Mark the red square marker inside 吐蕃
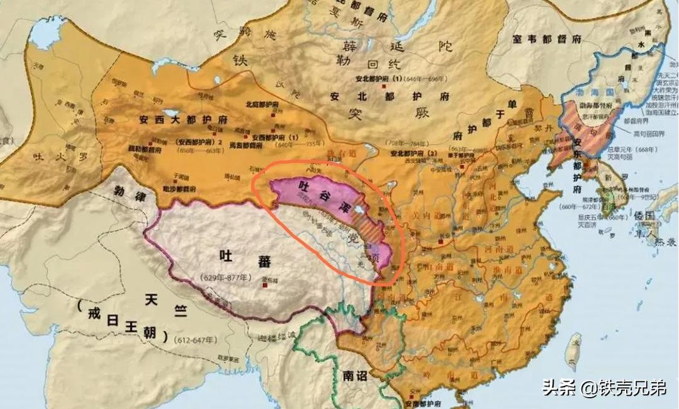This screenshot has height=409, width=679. point(265,284)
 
